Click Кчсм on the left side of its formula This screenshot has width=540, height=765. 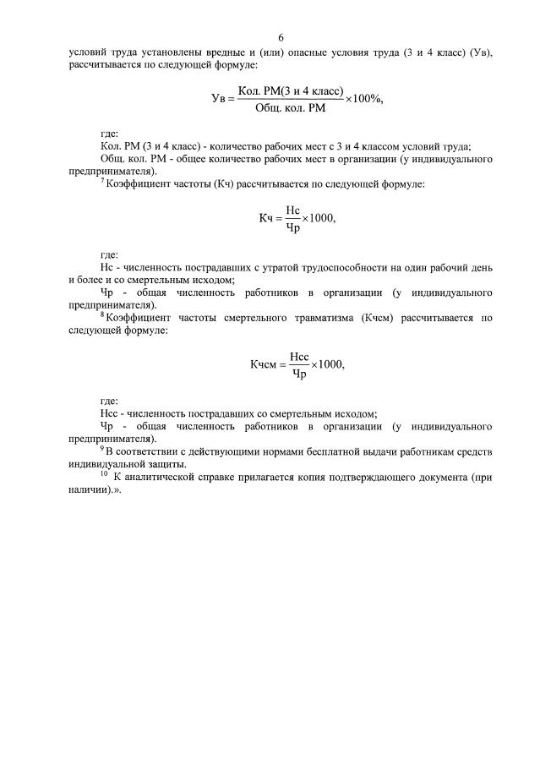[264, 364]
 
